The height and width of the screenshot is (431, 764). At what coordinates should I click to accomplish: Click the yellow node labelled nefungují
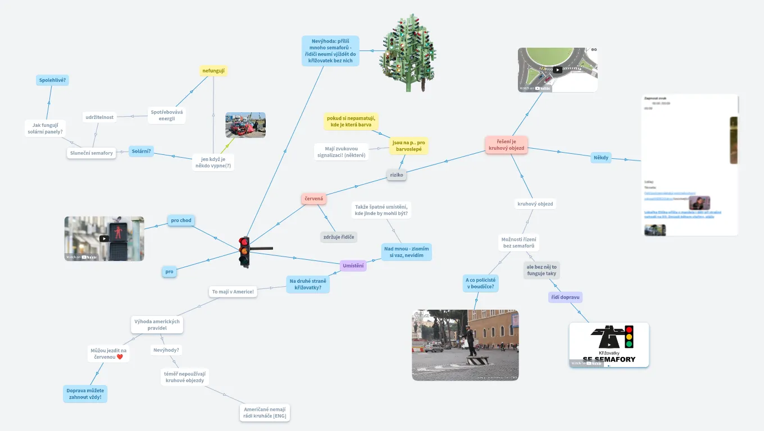pos(213,71)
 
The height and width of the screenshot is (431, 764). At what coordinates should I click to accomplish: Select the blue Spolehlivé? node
pos(52,80)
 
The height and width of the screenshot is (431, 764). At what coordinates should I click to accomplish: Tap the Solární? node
pos(141,151)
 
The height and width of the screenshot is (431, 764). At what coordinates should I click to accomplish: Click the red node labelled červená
pos(313,199)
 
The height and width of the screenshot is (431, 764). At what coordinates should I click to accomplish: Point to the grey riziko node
pos(397,175)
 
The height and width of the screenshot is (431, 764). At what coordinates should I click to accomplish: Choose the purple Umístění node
pos(353,265)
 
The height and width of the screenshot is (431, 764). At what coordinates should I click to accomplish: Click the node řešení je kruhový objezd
pos(506,145)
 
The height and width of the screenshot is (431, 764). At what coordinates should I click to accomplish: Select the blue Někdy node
pos(601,157)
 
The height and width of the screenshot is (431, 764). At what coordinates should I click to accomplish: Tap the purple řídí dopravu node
pos(565,297)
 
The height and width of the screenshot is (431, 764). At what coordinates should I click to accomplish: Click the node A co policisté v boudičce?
pos(480,283)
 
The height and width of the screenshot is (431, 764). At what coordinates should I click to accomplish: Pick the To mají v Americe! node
pos(233,291)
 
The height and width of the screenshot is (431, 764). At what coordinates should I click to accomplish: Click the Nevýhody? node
pos(166,350)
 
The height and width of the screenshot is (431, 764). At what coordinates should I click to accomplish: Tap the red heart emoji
pos(120,357)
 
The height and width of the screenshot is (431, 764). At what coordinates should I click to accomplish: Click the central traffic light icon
pos(244,251)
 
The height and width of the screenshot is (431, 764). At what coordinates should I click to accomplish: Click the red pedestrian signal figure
pos(119,231)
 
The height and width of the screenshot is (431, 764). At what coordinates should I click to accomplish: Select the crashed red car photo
pos(245,125)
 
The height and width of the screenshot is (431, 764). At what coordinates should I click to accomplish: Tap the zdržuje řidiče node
pos(339,237)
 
